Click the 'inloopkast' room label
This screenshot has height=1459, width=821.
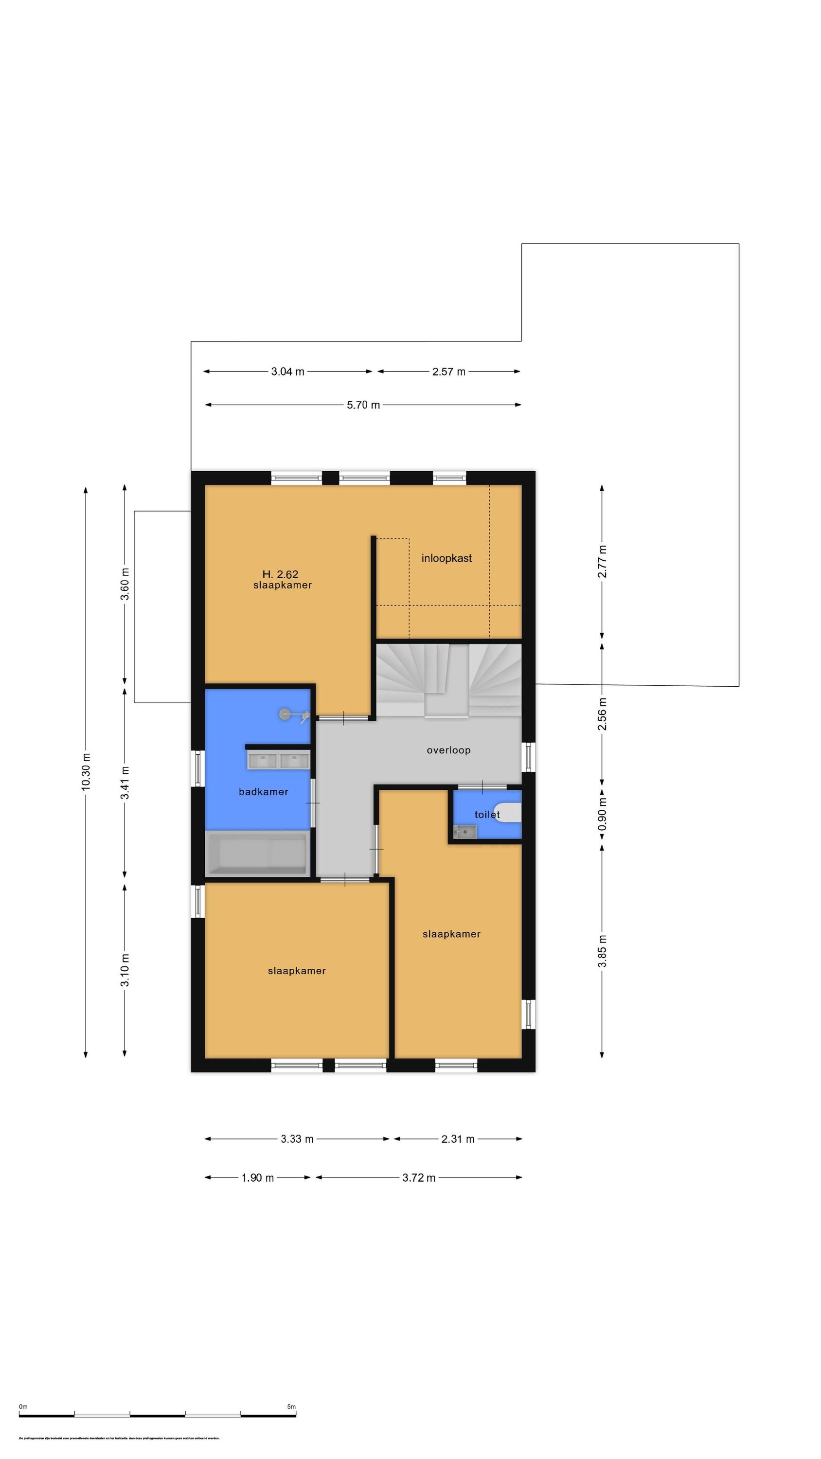(x=446, y=558)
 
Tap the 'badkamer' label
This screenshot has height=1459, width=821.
(x=264, y=792)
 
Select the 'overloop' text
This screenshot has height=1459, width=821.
(x=448, y=750)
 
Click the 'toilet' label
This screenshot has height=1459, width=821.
(x=487, y=815)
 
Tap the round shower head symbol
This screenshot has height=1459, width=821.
(x=285, y=714)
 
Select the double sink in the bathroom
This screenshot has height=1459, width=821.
(x=278, y=761)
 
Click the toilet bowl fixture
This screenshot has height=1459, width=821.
(x=508, y=812)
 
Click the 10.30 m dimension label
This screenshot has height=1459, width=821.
(x=86, y=772)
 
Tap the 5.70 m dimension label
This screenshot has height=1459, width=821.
(x=363, y=405)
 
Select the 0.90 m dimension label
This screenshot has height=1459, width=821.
(x=602, y=815)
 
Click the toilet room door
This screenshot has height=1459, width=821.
(x=482, y=787)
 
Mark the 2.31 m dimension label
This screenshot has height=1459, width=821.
(x=458, y=1139)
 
